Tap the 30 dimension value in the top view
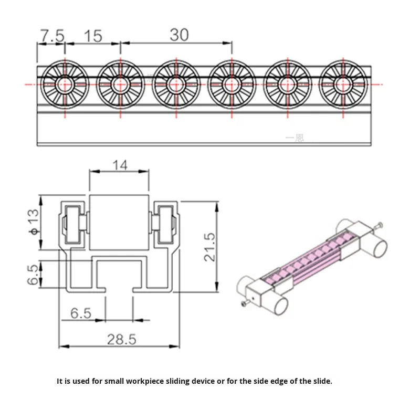pyautogui.click(x=179, y=35)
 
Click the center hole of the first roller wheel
pyautogui.click(x=65, y=84)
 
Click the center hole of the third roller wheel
pyautogui.click(x=176, y=84)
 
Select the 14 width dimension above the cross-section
pyautogui.click(x=120, y=165)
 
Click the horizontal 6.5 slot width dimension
pyautogui.click(x=81, y=313)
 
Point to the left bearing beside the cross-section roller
pyautogui.click(x=73, y=223)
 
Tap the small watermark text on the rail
pyautogui.click(x=294, y=138)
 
